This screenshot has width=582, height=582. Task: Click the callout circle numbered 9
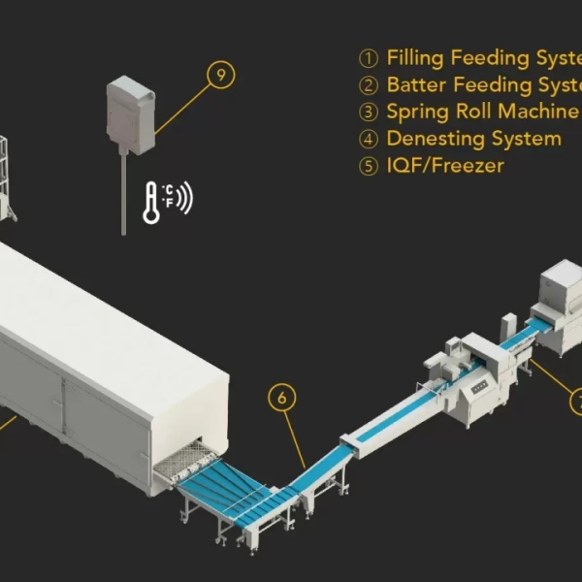221,75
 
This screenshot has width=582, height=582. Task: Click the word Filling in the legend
415,58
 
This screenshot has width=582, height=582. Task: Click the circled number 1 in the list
368,59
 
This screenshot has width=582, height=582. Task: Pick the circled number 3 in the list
368,113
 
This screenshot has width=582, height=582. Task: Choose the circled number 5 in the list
368,166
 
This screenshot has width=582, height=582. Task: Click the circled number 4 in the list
368,140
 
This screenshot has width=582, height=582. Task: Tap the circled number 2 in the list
368,86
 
